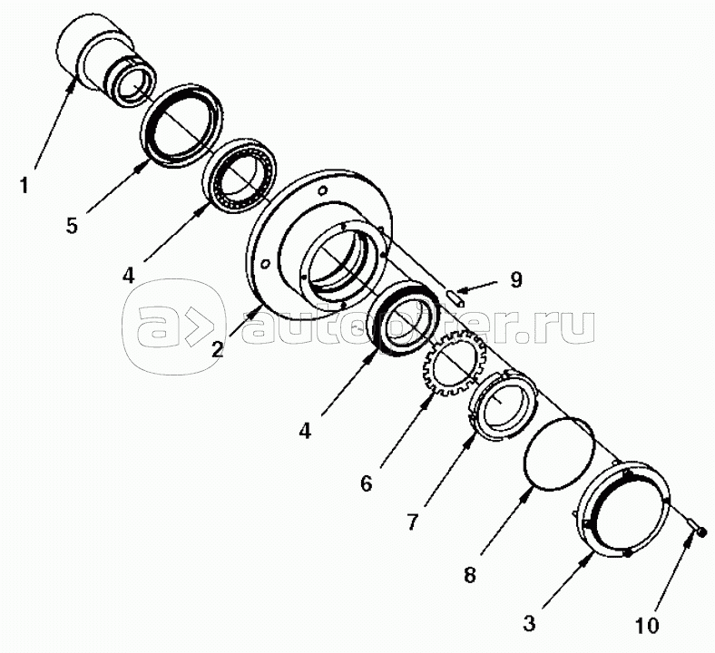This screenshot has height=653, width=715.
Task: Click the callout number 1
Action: pos(24,186)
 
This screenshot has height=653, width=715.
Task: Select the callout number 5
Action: pos(72,226)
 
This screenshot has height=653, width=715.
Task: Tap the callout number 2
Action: pos(218,349)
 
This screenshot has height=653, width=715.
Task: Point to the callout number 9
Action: pos(515,279)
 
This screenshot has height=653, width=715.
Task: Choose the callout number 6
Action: pos(367,483)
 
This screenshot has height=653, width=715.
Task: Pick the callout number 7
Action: pos(412,522)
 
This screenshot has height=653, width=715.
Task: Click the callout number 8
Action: pos(469,575)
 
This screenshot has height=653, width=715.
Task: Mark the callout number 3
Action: pos(529,623)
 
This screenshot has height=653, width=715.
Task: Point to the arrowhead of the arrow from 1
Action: pos(72,84)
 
